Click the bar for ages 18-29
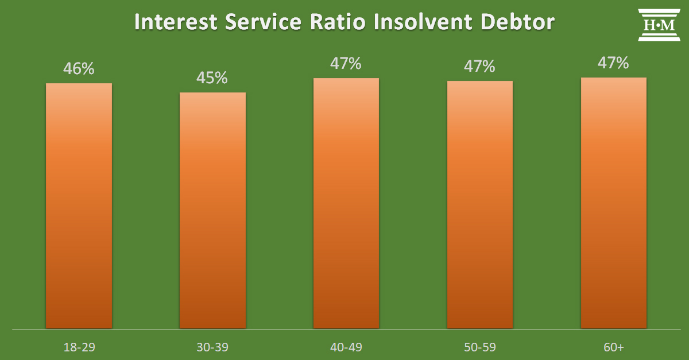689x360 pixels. tap(79, 206)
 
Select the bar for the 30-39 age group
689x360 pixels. tap(212, 211)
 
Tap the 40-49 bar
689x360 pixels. tap(346, 203)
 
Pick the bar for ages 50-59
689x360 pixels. tap(480, 204)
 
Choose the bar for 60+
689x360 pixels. tap(614, 203)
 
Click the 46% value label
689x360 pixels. tap(79, 68)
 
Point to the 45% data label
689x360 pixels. tap(212, 78)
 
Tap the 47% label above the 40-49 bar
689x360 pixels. tap(346, 63)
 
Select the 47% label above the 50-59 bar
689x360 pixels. tap(479, 66)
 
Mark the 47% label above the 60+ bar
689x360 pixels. tap(613, 63)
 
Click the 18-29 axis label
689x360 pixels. tap(79, 347)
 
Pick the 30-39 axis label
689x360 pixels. tap(212, 347)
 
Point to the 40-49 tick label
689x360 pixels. tap(346, 347)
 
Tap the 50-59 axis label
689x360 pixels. tap(480, 347)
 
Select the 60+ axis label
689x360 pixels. tap(614, 347)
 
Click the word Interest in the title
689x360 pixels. tap(176, 22)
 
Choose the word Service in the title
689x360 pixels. tap(264, 22)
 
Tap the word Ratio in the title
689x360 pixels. tap(338, 22)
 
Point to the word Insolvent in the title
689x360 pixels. tap(423, 22)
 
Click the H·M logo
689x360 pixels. tap(659, 25)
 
